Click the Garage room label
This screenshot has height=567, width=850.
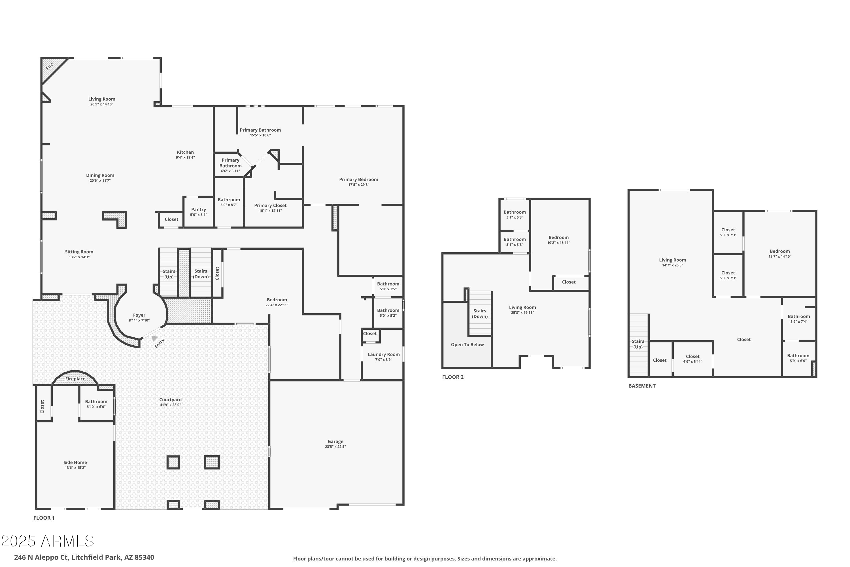pos(335,441)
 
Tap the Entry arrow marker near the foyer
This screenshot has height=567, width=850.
pos(155,338)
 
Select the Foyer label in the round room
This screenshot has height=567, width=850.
pos(139,315)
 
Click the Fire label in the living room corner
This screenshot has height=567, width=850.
pos(50,66)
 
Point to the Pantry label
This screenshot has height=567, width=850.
pos(198,210)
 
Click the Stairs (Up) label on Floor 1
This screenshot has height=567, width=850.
pos(169,274)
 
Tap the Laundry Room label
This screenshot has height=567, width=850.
pos(383,354)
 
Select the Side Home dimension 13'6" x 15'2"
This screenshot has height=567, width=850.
pos(75,467)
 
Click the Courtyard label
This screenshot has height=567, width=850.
pos(170,399)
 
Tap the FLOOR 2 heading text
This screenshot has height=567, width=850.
pos(452,377)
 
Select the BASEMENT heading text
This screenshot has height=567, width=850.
pos(641,386)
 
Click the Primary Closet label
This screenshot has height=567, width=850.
pos(270,205)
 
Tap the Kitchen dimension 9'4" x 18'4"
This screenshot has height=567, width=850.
pos(185,157)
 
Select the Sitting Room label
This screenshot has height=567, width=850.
pos(79,252)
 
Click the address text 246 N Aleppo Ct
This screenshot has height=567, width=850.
pos(84,557)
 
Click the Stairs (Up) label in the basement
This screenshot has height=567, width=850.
pos(637,344)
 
